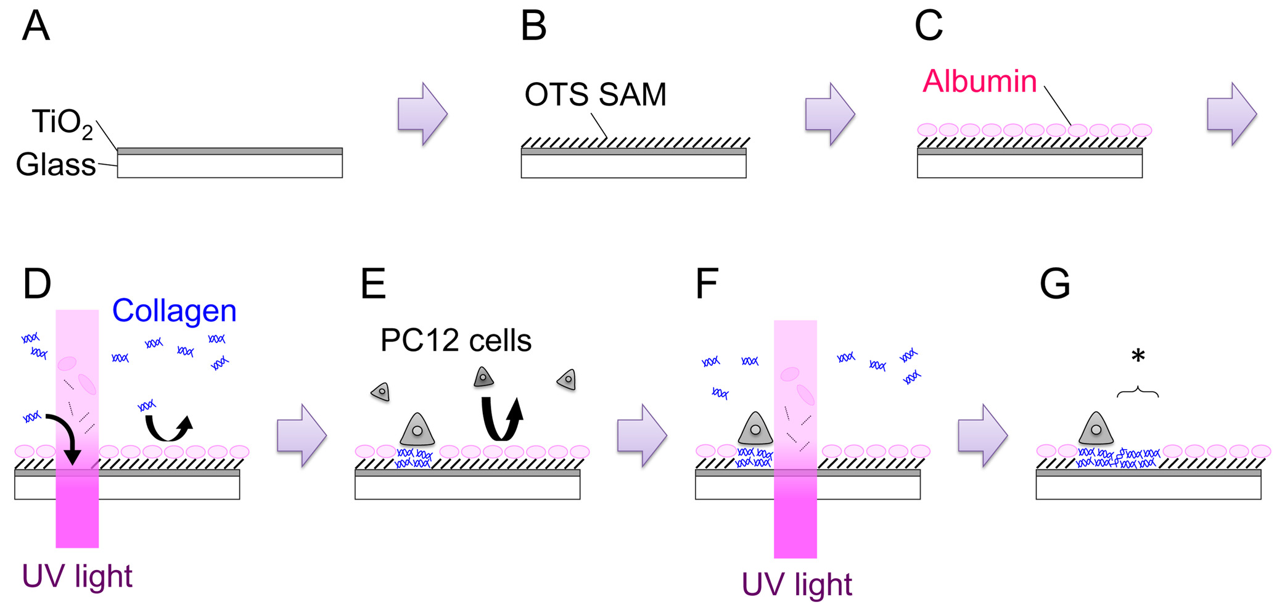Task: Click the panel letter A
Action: [36, 26]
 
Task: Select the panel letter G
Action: [1055, 284]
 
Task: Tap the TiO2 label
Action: [62, 123]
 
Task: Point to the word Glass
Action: [55, 165]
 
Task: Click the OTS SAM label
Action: [596, 94]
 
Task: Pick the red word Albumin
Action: [980, 81]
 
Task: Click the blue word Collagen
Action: [175, 311]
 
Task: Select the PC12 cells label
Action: [456, 340]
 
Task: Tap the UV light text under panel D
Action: [77, 576]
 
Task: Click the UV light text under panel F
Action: [797, 584]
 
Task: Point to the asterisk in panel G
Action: [1138, 356]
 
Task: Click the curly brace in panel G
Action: [1138, 392]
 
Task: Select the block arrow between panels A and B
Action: [422, 114]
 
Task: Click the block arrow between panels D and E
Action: [302, 436]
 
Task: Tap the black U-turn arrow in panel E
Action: [502, 418]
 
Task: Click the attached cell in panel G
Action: [1096, 428]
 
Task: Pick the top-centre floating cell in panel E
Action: [483, 377]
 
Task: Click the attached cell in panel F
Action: [755, 428]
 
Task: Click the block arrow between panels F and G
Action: [983, 436]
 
